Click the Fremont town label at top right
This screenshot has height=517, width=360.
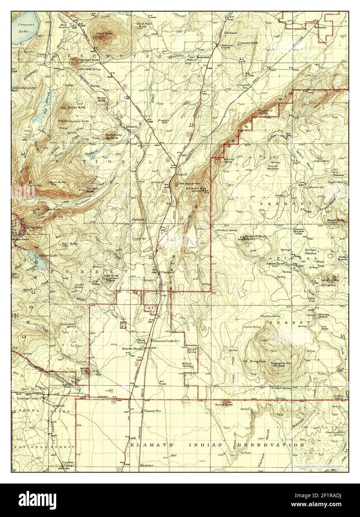pos(320,27)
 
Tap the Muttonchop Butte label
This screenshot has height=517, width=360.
pos(109,136)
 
